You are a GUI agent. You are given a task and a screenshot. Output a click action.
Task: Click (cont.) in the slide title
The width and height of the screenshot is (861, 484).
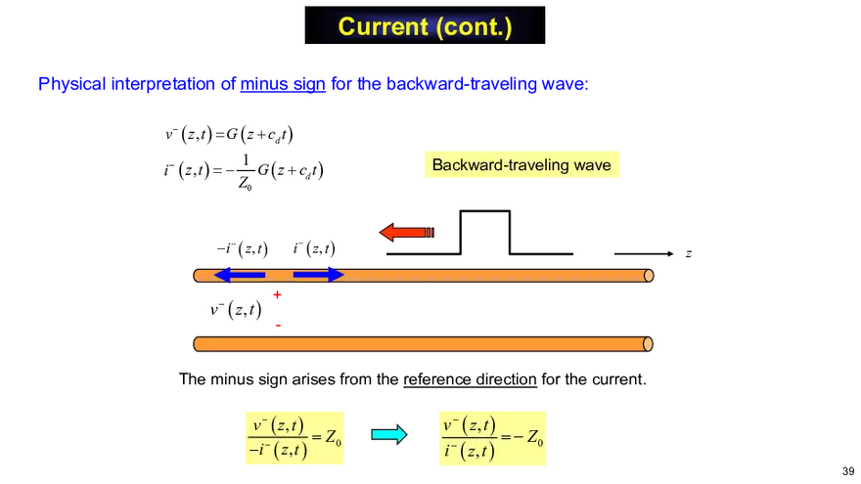pos(469,26)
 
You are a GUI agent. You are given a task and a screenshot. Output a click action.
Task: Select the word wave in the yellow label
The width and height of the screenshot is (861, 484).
pos(591,164)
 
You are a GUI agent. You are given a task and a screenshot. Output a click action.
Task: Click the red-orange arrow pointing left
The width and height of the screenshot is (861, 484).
pos(405,233)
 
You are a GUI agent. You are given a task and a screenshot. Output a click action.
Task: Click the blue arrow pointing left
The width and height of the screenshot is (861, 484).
pos(239,275)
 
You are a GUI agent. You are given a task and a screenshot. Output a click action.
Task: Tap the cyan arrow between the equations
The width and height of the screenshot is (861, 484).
pos(387,435)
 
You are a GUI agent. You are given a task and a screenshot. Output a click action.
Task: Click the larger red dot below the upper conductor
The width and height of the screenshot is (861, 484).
pos(277,294)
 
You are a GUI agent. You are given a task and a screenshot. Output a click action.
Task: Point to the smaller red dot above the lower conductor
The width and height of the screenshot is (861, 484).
pos(279,324)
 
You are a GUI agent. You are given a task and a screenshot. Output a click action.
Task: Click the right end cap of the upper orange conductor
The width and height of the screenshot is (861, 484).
pos(649,276)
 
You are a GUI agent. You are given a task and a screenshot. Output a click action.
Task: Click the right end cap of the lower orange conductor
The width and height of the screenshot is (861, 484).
pos(649,344)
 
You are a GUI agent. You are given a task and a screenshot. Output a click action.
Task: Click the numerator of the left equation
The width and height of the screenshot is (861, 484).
pos(278,426)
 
